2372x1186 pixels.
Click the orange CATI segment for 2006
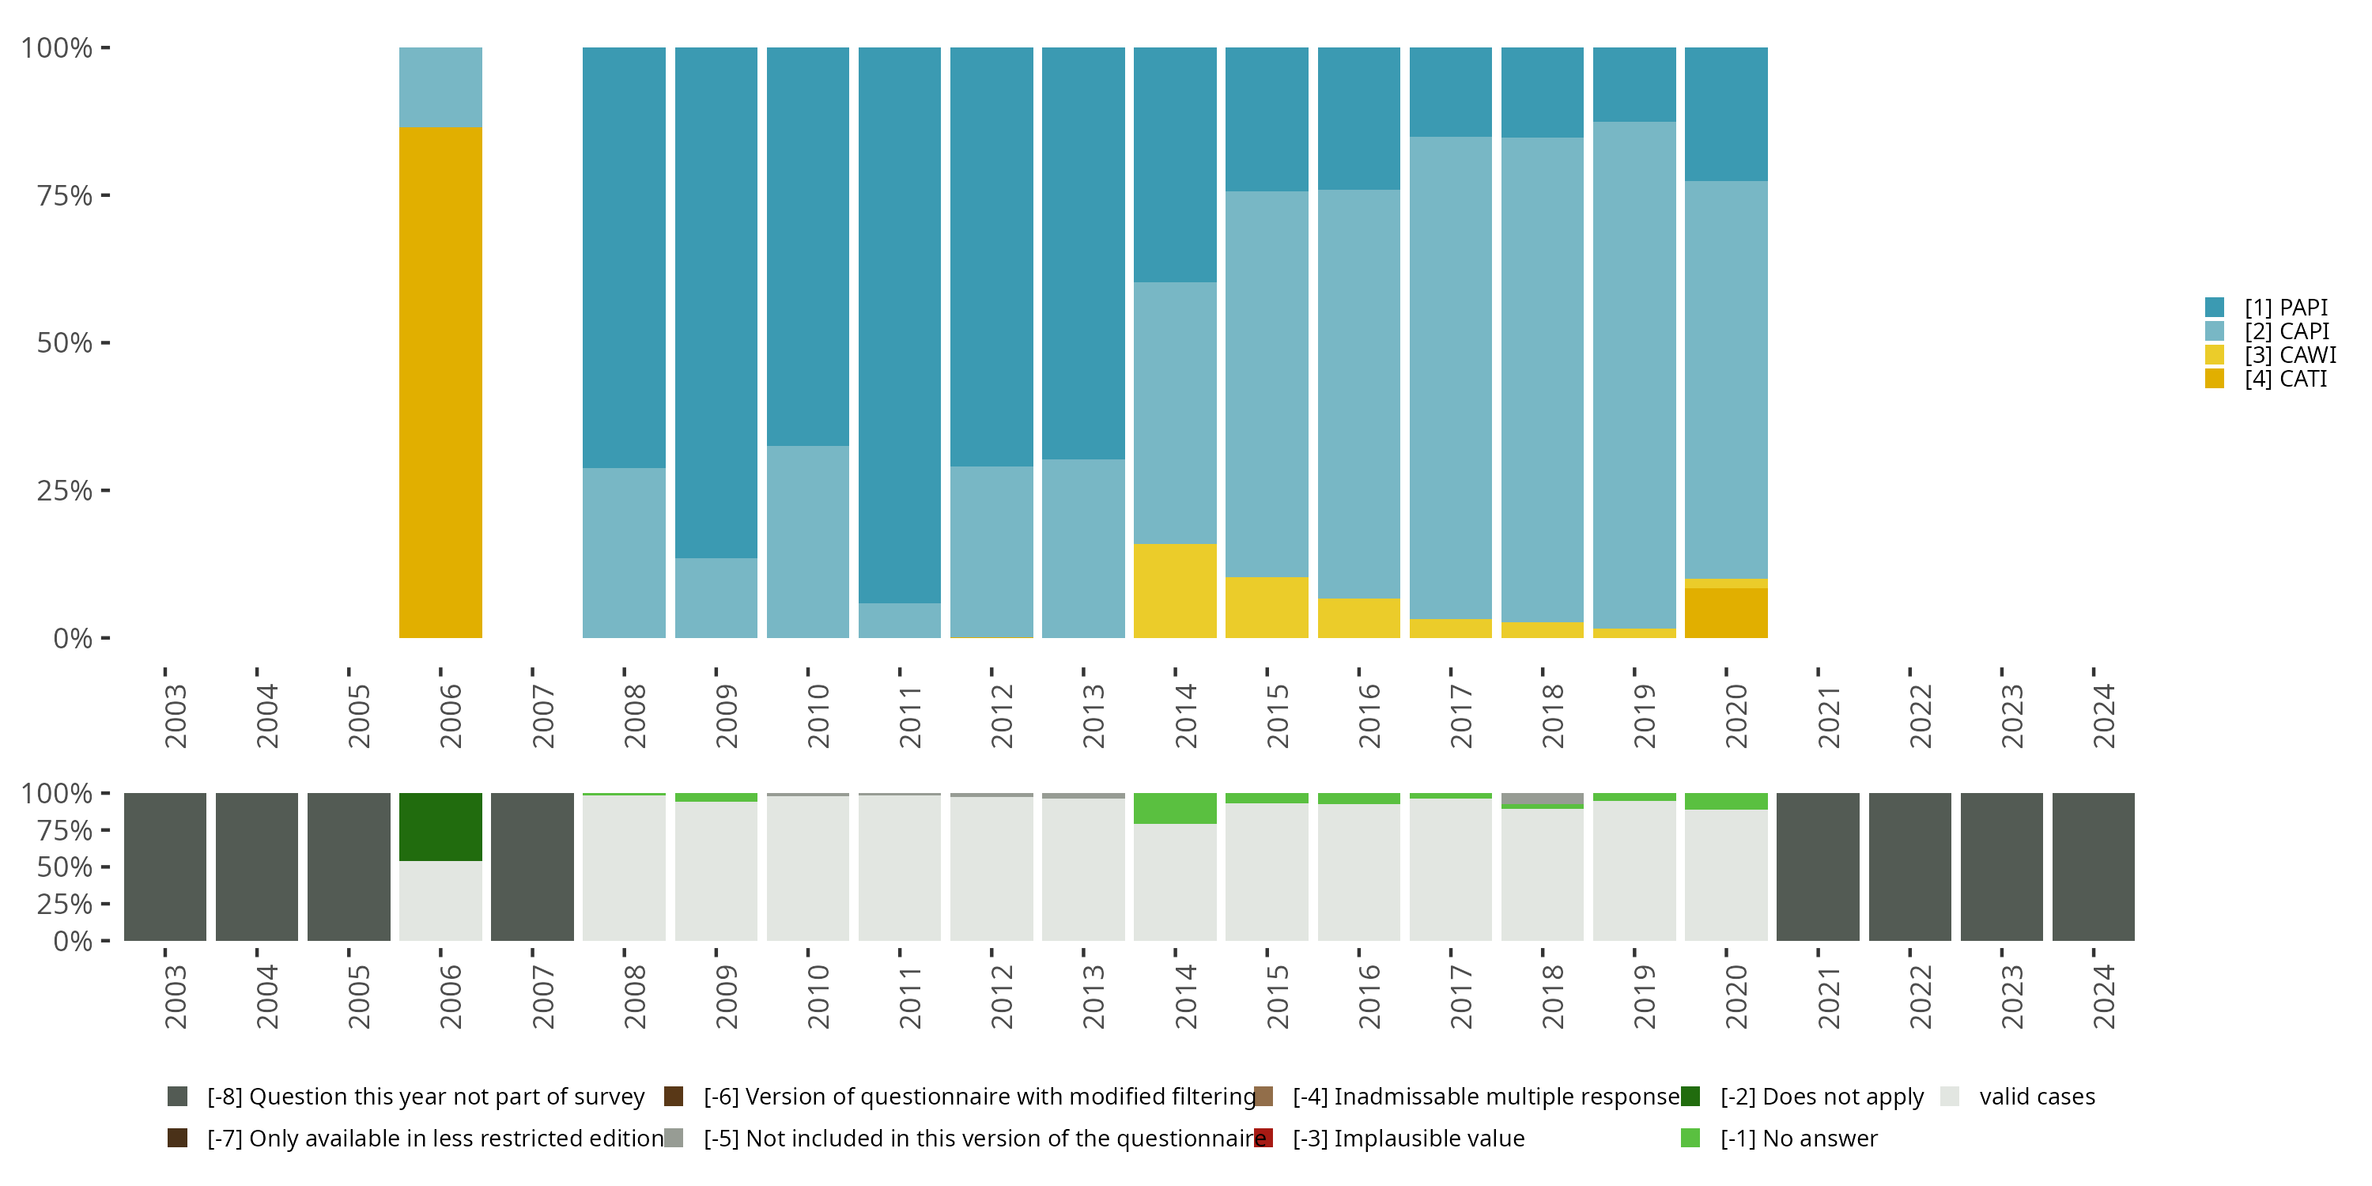pyautogui.click(x=440, y=382)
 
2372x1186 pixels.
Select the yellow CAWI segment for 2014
pyautogui.click(x=1174, y=591)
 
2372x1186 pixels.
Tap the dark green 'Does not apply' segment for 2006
pyautogui.click(x=440, y=827)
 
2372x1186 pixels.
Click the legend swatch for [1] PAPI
pyautogui.click(x=2215, y=308)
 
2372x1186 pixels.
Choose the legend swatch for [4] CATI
pyautogui.click(x=2215, y=379)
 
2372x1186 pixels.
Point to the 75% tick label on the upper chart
pyautogui.click(x=63, y=196)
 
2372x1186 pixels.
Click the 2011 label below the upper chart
pyautogui.click(x=910, y=716)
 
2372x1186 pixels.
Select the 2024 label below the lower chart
pyautogui.click(x=2103, y=996)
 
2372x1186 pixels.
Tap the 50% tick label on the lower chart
pyautogui.click(x=63, y=867)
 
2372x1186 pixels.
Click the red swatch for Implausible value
pyautogui.click(x=1263, y=1138)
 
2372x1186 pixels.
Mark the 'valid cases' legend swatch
pyautogui.click(x=1949, y=1097)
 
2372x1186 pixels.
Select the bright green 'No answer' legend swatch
pyautogui.click(x=1690, y=1138)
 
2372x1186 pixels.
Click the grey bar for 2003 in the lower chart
pyautogui.click(x=164, y=867)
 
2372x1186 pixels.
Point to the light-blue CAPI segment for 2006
pyautogui.click(x=440, y=86)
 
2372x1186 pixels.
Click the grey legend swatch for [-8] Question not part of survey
pyautogui.click(x=178, y=1097)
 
